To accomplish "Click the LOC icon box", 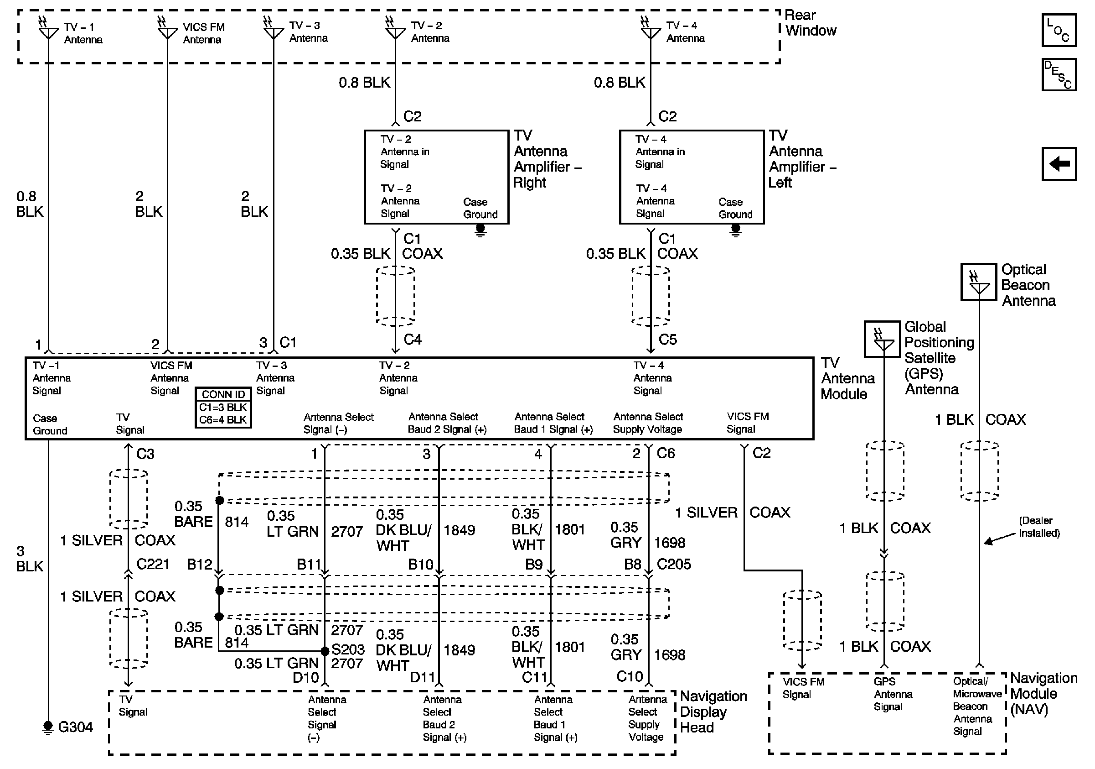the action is pos(1059,30).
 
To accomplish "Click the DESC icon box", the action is pos(1059,74).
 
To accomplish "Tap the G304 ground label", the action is pos(75,727).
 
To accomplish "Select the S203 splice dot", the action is pos(325,651).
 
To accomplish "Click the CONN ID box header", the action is pos(223,394).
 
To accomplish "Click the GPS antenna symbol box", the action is pos(882,339).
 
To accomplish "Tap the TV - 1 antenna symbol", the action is pos(48,30).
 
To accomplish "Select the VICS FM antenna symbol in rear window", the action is pos(167,30).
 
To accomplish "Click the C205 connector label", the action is pos(673,564).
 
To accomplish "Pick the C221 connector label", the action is pos(153,564).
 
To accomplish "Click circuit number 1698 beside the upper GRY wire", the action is pos(670,542).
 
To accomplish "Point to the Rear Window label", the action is pos(811,23).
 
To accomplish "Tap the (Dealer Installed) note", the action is pos(1039,527).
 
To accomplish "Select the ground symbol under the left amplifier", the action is pos(735,230).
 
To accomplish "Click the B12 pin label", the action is pos(199,564).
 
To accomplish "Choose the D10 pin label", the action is pos(305,677).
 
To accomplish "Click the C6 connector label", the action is pos(666,453).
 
